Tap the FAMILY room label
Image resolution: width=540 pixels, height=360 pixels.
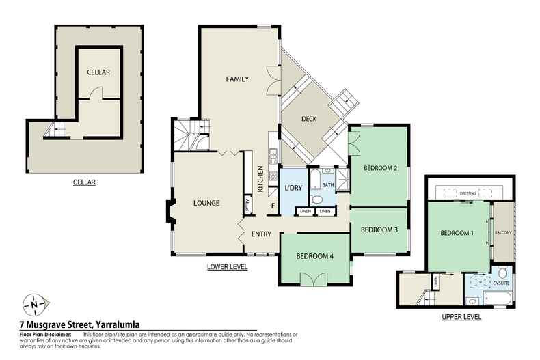tap(237, 79)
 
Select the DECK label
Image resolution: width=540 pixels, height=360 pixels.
tap(309, 119)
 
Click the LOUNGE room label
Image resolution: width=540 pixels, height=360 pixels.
tap(206, 203)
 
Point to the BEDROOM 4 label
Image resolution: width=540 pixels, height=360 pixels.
tap(314, 256)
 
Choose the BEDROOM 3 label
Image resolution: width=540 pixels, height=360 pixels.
tap(379, 230)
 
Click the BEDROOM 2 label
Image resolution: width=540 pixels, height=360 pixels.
tap(380, 168)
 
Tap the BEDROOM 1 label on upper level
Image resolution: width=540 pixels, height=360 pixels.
tap(457, 233)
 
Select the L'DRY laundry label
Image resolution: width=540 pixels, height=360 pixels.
tap(293, 188)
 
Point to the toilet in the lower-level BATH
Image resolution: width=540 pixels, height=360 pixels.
tap(316, 199)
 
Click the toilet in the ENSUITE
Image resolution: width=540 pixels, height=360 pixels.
tap(502, 271)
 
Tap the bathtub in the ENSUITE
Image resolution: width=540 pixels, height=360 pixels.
tap(498, 298)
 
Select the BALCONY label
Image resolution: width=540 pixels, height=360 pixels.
tap(503, 233)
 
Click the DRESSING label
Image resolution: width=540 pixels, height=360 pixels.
tap(468, 193)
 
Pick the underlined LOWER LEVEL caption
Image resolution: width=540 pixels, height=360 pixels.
tap(228, 266)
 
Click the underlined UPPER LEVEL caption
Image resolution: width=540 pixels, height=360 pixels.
tap(461, 317)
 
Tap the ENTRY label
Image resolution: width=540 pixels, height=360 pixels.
tap(261, 234)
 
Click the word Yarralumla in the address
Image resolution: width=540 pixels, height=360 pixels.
tap(118, 324)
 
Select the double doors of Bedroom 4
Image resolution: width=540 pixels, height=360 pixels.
tap(314, 279)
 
